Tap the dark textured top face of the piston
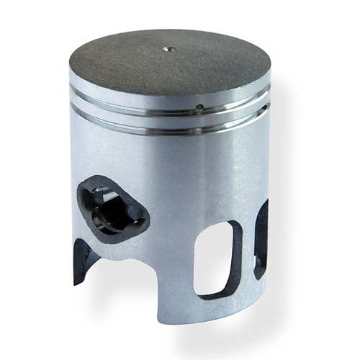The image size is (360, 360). (144, 61)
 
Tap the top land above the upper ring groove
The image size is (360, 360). (130, 87)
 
